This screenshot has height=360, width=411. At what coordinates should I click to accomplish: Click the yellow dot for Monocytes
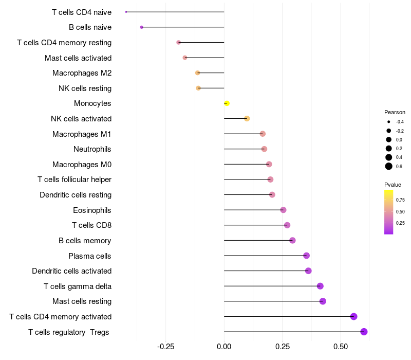point(227,103)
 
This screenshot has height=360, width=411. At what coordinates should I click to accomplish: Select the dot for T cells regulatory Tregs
point(364,332)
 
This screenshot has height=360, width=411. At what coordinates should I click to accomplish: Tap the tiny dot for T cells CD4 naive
point(126,12)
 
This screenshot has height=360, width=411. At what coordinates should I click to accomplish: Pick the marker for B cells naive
point(142,27)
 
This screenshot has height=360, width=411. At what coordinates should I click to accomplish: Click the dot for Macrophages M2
point(197,73)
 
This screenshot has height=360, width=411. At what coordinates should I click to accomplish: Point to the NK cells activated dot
point(247,119)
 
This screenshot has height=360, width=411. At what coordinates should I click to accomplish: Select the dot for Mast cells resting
point(323,301)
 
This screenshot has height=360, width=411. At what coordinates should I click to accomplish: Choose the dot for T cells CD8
point(287,225)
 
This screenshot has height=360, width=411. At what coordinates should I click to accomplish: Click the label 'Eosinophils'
point(92,210)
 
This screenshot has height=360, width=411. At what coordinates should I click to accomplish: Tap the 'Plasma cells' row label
point(90,256)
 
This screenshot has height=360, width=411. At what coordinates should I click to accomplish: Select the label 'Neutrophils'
point(92,149)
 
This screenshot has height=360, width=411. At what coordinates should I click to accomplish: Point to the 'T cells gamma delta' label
point(78,286)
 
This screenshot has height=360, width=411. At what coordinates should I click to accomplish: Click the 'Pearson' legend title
point(395,112)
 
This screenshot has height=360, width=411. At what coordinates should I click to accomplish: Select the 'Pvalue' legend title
point(393,185)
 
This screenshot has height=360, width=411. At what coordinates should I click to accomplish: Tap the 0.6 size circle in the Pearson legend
point(389,166)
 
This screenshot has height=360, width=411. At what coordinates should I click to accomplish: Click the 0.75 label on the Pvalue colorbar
point(400,200)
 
